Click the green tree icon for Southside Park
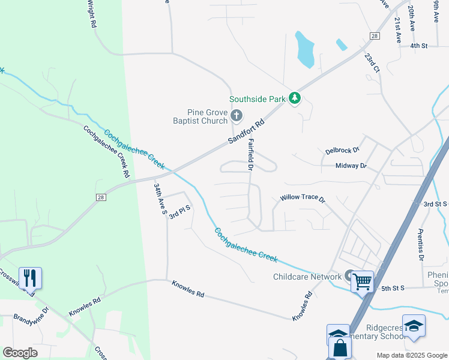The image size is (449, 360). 294,98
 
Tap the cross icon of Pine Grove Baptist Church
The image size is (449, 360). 237,115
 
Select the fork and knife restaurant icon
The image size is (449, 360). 30,278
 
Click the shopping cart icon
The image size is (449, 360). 362,281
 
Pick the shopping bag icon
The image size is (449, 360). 340,348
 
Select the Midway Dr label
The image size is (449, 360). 351,166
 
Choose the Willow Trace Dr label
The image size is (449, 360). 302,198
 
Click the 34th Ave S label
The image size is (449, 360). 160,199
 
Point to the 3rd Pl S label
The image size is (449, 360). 179,212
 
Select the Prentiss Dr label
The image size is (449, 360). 421,244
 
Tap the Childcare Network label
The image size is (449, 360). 307,277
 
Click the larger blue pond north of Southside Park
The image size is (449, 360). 305,49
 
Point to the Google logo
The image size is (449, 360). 20,353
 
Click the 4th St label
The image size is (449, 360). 418,46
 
